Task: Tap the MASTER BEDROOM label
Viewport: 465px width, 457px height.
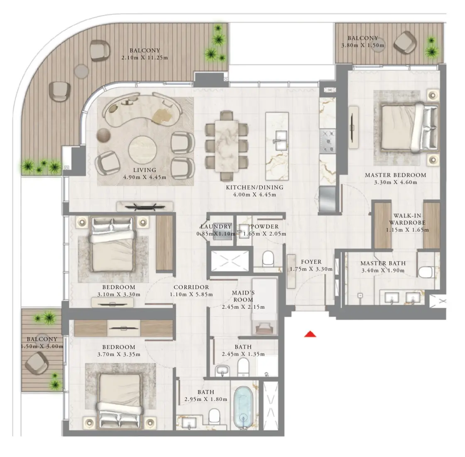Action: pyautogui.click(x=395, y=175)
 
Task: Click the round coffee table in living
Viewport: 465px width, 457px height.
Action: pyautogui.click(x=142, y=150)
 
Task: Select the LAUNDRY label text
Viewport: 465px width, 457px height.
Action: pyautogui.click(x=215, y=227)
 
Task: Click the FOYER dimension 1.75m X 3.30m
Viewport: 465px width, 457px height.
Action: pyautogui.click(x=311, y=269)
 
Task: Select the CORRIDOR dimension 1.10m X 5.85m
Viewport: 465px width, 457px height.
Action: pyautogui.click(x=191, y=295)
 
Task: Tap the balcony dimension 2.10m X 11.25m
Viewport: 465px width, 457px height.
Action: pyautogui.click(x=144, y=58)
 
